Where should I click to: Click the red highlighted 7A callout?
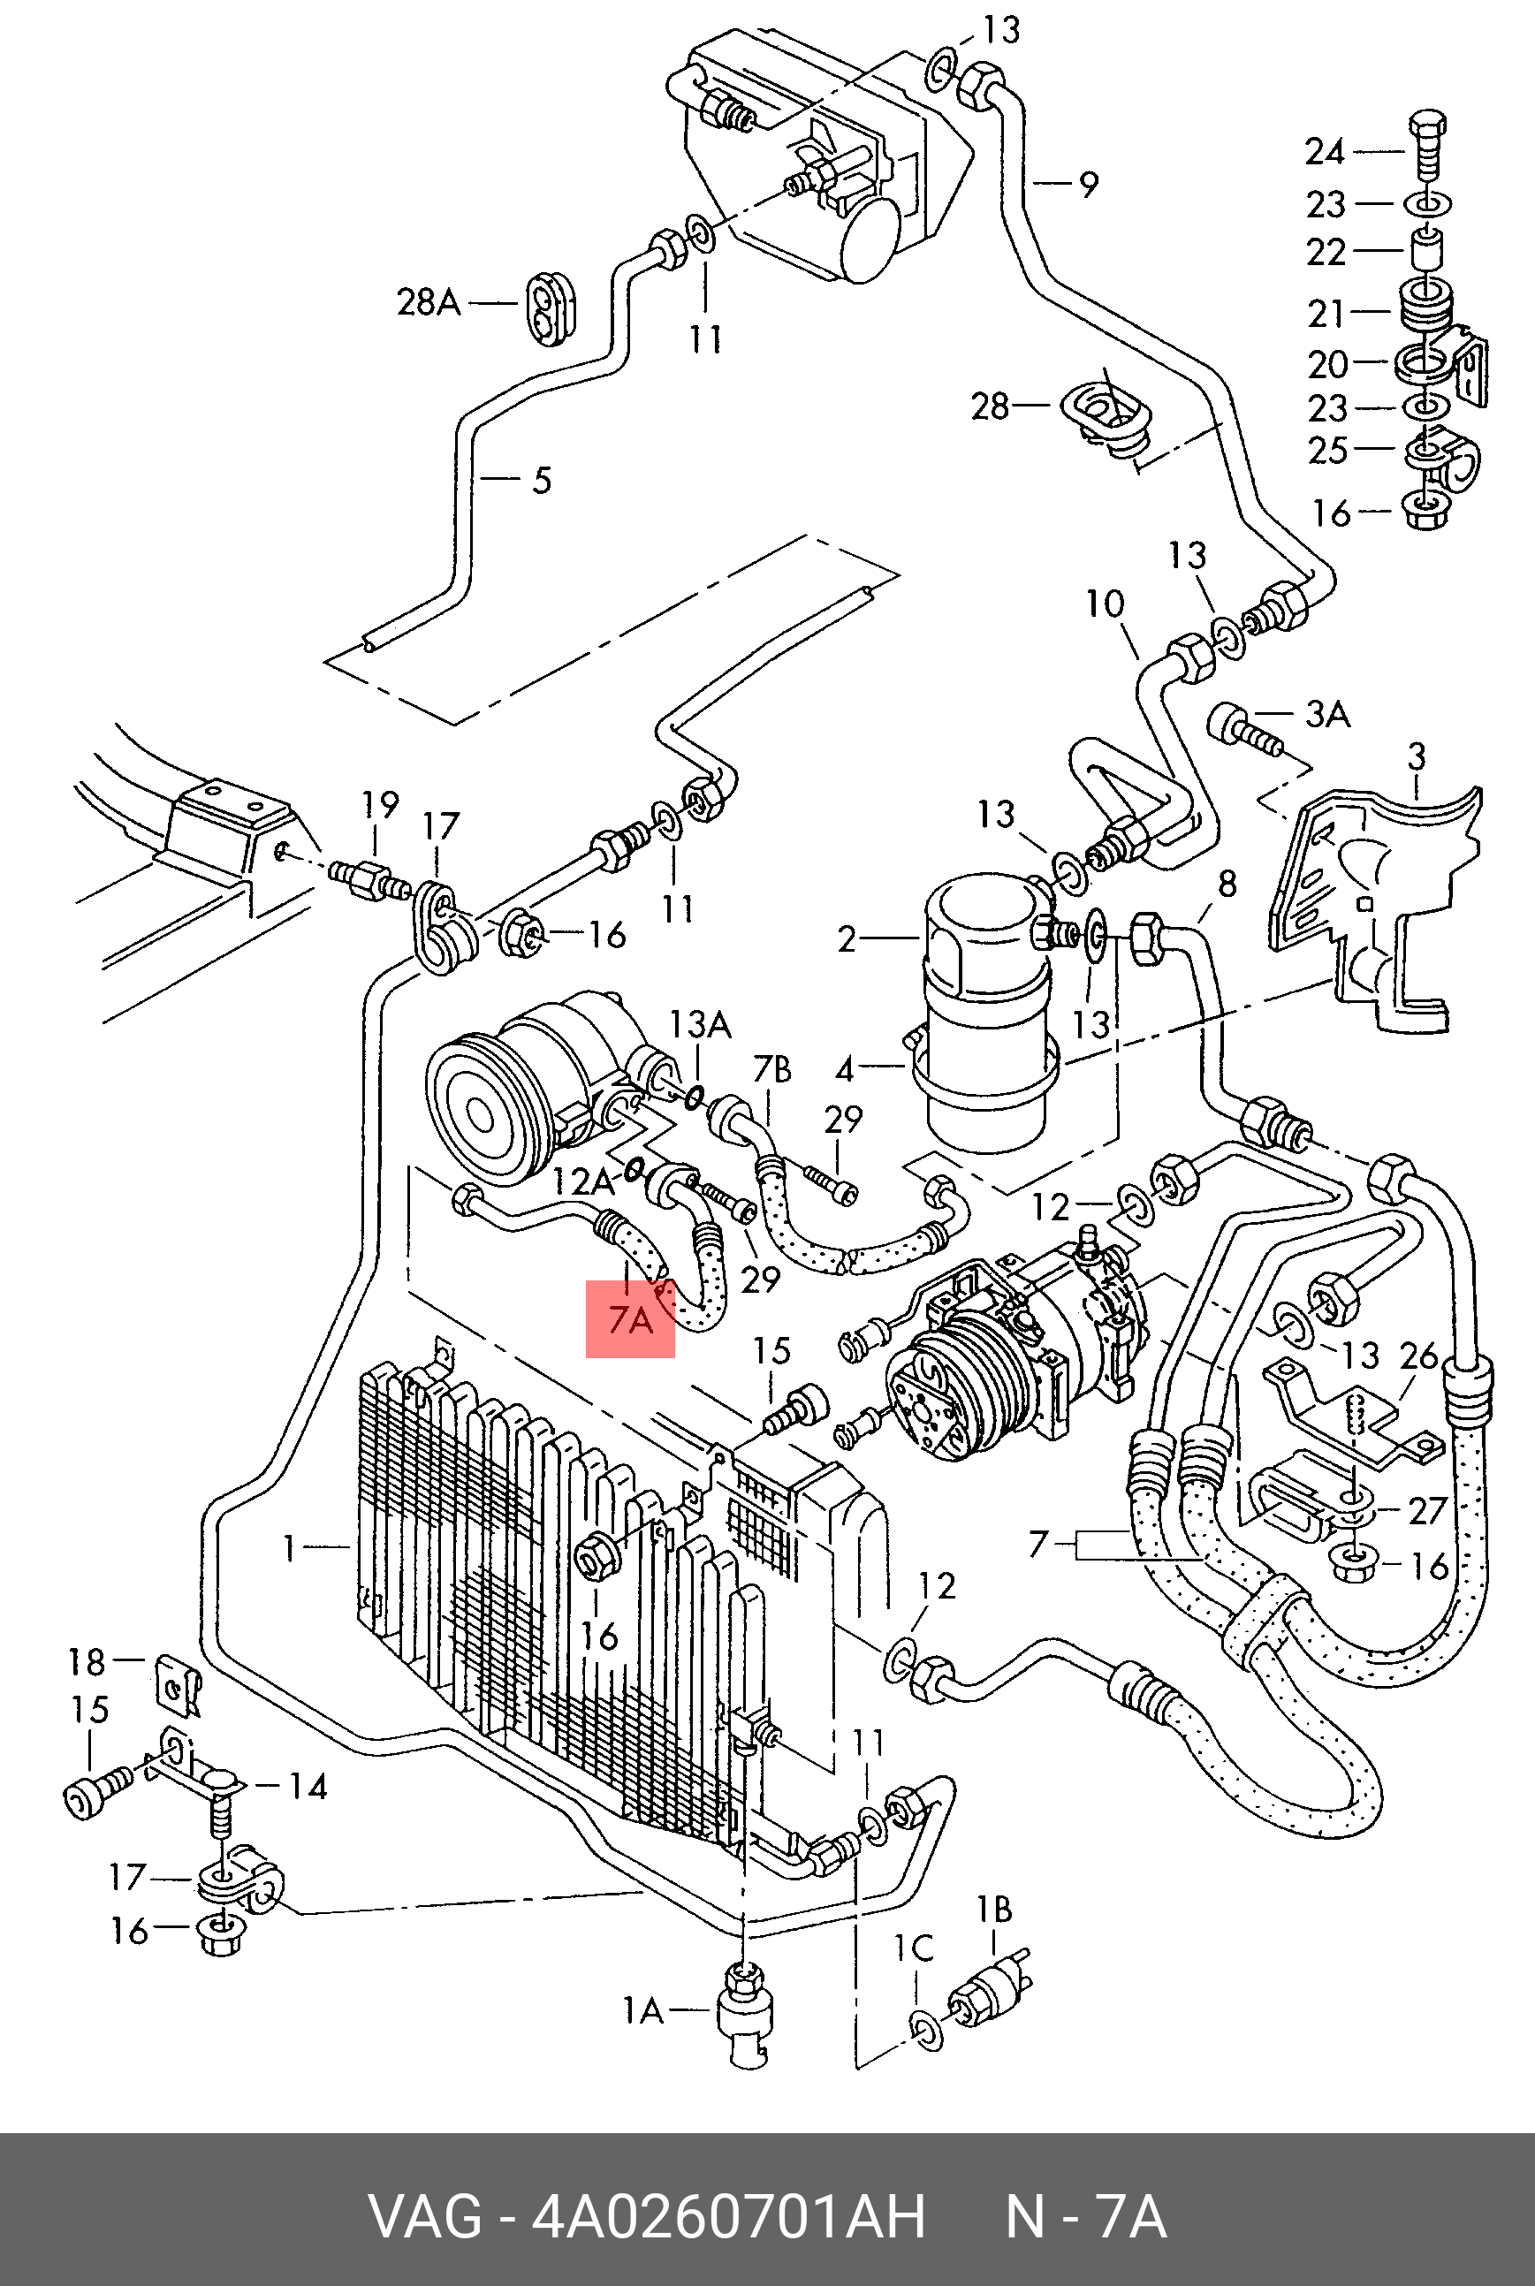[630, 1319]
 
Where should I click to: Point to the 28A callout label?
[428, 302]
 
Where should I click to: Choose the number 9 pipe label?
[1089, 184]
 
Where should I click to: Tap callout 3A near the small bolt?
[1326, 716]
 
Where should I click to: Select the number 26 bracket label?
[1419, 1356]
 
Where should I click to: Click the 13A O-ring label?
[700, 1024]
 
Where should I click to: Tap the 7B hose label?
[771, 1071]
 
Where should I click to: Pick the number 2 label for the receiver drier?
[847, 940]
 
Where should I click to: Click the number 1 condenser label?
[289, 1548]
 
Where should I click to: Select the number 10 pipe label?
[1106, 603]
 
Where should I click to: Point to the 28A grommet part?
[552, 303]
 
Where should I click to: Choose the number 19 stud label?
[380, 805]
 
